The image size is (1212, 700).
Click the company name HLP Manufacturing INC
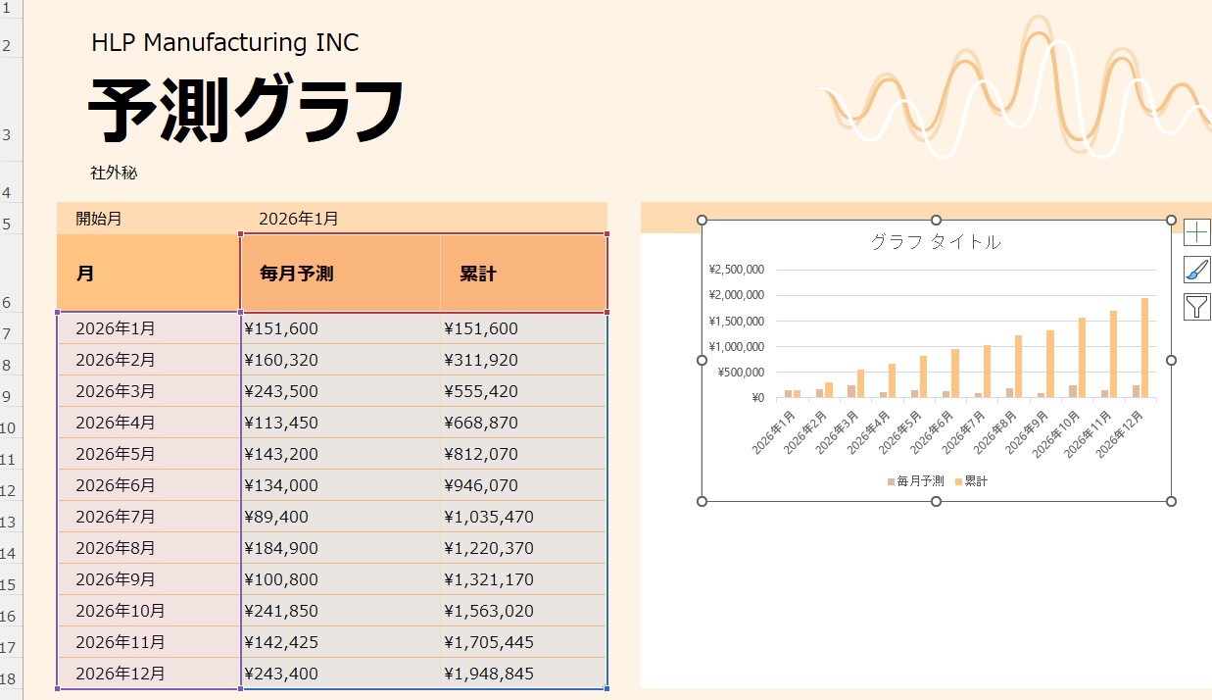[224, 43]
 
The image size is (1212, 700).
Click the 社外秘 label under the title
[114, 174]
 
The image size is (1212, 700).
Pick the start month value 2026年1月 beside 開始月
[299, 219]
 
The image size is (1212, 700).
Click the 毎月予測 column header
[297, 275]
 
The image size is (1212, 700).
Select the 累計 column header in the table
[478, 275]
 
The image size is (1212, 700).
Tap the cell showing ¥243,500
[281, 391]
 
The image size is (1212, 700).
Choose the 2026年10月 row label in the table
[121, 611]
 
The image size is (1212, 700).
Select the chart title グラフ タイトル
[936, 242]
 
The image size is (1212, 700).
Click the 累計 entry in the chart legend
[976, 481]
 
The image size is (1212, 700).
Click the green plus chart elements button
[1197, 232]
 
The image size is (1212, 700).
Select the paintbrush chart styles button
[1197, 270]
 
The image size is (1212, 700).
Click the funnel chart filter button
[1197, 307]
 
